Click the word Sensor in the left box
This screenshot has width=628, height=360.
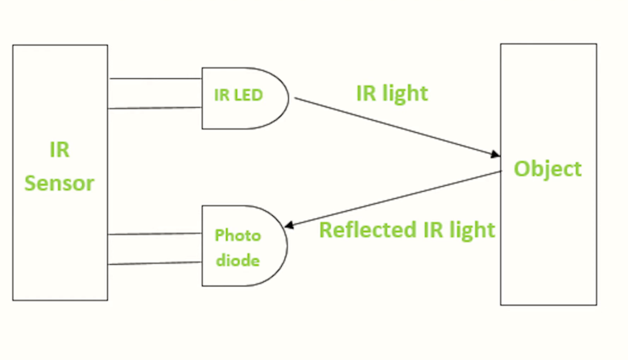click(x=60, y=183)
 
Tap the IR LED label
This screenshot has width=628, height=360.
click(x=238, y=94)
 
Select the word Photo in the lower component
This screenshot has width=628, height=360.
click(x=238, y=235)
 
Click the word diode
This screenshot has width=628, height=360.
click(x=238, y=260)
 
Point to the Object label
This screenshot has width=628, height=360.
click(x=547, y=169)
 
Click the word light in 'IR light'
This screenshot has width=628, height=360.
click(x=405, y=93)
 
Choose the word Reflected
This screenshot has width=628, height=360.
click(x=359, y=230)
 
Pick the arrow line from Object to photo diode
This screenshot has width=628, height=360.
click(x=395, y=200)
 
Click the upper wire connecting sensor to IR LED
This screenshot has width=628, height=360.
click(x=155, y=79)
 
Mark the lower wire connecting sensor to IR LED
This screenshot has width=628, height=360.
click(x=155, y=107)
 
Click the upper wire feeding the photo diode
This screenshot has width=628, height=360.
click(x=155, y=234)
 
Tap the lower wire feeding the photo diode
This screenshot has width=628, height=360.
click(x=155, y=263)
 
